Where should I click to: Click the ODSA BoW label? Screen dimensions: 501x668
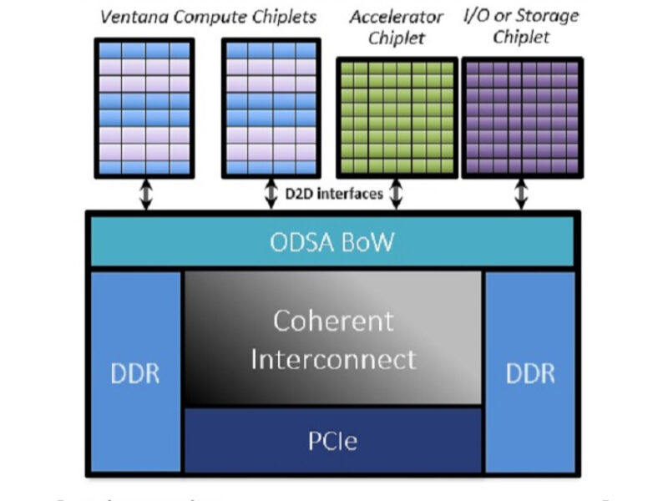[331, 243]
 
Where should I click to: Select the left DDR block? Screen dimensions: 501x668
[135, 372]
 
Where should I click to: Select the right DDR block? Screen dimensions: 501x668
[530, 372]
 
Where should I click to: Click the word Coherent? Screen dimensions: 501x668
[333, 321]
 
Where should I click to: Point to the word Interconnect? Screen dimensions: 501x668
[333, 359]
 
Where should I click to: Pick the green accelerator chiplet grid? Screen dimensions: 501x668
[397, 117]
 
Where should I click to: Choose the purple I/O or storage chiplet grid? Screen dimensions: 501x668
[522, 117]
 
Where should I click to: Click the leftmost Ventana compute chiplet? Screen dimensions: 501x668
[145, 108]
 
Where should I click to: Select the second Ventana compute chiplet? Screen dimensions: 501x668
[272, 108]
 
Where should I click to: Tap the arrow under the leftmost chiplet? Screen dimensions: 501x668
[145, 194]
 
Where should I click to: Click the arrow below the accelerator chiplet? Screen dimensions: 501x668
[397, 194]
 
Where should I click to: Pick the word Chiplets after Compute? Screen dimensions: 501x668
[283, 16]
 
